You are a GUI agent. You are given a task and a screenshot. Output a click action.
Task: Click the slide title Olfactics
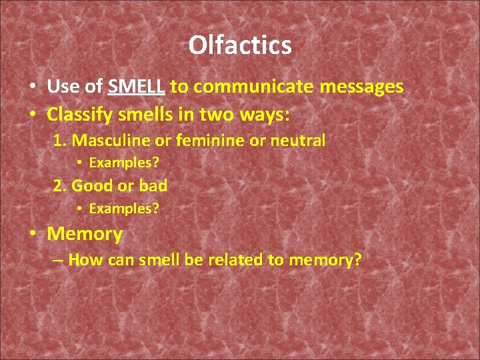pos(240,45)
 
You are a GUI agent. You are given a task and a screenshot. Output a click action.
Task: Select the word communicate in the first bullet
pos(249,87)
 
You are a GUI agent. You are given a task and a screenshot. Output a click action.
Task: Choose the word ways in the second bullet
pos(265,115)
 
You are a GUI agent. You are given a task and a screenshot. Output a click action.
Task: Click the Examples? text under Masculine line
pos(124,163)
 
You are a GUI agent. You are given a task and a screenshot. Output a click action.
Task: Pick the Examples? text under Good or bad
pos(124,209)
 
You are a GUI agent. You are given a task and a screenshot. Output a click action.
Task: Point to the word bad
pos(153,186)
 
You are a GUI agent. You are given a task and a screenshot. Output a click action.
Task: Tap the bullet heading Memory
pos(85,234)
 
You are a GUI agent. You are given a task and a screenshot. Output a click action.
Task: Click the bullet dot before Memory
pos(32,234)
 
